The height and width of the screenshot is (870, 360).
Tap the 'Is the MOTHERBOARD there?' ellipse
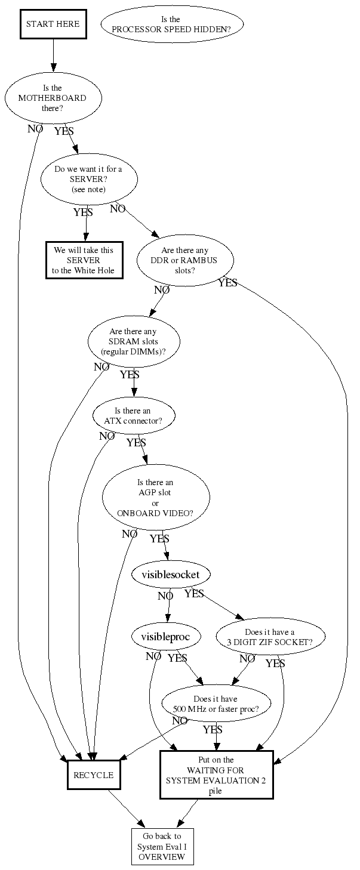pos(53,98)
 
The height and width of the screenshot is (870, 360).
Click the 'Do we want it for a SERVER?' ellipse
pos(88,179)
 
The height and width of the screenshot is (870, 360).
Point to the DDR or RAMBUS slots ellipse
pos(185,260)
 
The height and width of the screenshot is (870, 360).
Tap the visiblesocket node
pos(171,575)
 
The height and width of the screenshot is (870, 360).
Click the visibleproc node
pos(165,637)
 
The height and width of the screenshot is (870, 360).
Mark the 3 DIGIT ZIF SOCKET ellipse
pos(270,637)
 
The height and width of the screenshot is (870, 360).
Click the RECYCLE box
pos(93,775)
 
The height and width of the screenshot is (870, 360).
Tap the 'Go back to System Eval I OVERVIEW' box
pos(162,846)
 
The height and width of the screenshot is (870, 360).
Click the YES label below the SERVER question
pos(83,212)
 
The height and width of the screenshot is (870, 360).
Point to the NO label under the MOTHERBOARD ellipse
pos(35,128)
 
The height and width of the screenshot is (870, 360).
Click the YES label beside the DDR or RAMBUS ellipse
pos(227,283)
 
